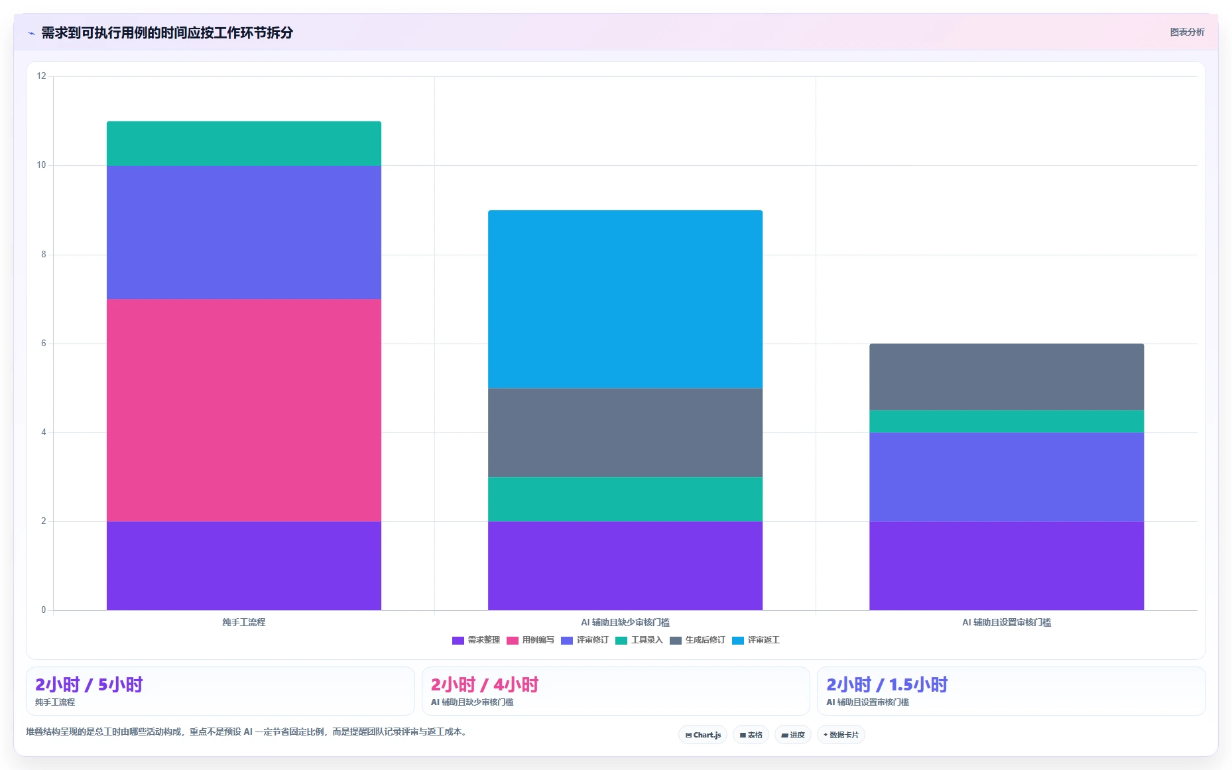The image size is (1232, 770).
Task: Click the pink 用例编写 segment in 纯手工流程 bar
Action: pos(244,410)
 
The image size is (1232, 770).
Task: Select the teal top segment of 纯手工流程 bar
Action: pos(244,143)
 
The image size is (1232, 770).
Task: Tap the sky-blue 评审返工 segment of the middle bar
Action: pos(625,299)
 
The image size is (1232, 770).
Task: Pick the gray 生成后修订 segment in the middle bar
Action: pos(625,432)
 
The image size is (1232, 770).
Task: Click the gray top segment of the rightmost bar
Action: pos(1007,377)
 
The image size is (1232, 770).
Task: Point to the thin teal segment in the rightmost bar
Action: pos(1007,421)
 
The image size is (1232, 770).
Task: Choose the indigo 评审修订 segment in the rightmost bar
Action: pos(1007,477)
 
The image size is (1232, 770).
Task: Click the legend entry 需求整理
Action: pos(476,640)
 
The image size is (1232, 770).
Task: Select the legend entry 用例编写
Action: pos(530,640)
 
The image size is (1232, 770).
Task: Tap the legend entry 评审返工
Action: pos(756,640)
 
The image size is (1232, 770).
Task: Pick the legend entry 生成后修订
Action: pos(698,640)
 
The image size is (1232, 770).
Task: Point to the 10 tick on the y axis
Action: pos(41,165)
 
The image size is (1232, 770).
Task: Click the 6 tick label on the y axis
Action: pos(44,344)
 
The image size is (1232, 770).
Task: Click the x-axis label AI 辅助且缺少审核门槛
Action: pos(625,622)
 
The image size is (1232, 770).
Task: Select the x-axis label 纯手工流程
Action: pos(244,622)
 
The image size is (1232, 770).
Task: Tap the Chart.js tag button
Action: pos(703,735)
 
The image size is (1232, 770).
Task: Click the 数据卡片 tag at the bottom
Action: pos(841,735)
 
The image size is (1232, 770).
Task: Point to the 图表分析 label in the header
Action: pos(1187,32)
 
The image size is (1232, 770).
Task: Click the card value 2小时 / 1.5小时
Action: pos(887,684)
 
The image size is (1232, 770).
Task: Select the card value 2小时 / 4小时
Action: pos(485,684)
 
